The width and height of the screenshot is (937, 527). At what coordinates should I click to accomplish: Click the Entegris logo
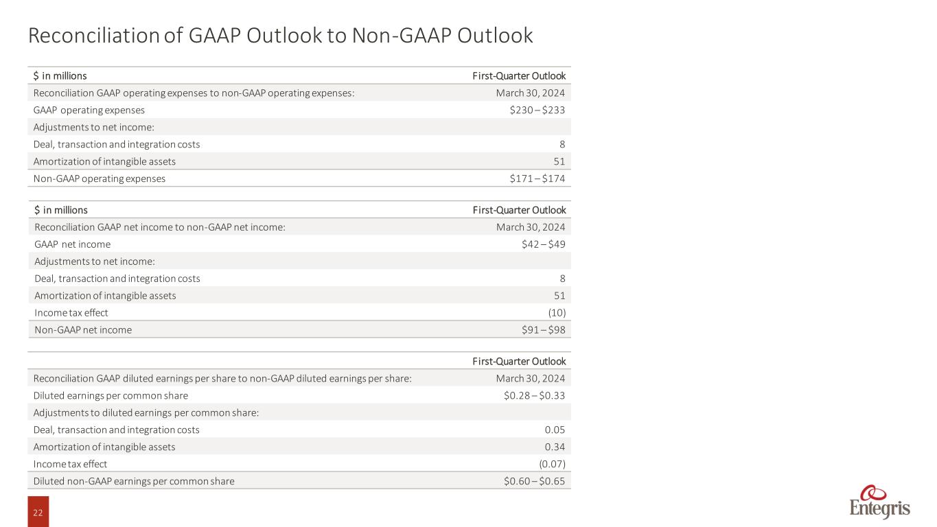coord(880,502)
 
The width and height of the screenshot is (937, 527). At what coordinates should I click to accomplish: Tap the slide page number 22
coord(38,511)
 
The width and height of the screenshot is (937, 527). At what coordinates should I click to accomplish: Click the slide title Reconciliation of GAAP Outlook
coord(280,36)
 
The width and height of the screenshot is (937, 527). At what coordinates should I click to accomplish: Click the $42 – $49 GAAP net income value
coord(544,244)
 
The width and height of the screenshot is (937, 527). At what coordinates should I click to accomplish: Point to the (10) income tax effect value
coord(557,313)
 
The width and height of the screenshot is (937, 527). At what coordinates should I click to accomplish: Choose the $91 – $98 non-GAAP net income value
coord(544,330)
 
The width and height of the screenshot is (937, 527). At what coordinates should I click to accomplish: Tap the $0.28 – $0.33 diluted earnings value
coord(534,396)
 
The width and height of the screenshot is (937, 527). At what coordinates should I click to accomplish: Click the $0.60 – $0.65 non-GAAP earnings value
coord(534,482)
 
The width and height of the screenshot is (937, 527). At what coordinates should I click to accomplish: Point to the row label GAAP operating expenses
coord(89,110)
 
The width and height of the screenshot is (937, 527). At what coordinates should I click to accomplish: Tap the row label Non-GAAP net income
coord(83,330)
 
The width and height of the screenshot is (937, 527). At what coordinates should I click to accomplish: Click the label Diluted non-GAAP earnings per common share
coord(134,482)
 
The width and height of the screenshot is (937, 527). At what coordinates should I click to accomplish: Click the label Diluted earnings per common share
coord(111,396)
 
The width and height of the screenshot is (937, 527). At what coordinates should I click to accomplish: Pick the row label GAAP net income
coord(72,244)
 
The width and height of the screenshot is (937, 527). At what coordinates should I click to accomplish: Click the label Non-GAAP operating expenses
coord(100,178)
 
